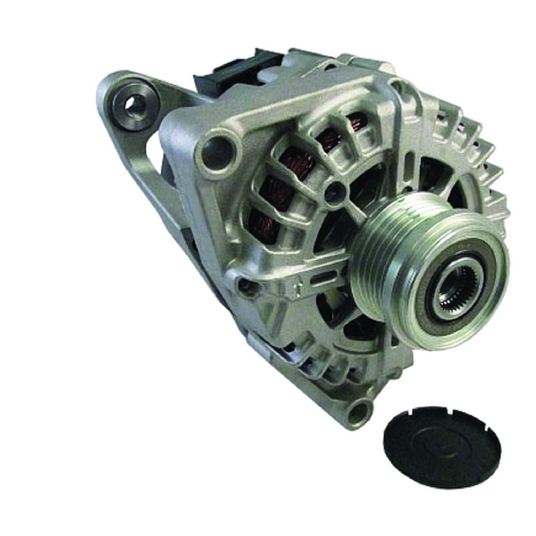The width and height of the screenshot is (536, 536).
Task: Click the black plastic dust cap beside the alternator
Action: pos(442,447)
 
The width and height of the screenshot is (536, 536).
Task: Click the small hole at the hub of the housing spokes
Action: pos(334,190)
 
